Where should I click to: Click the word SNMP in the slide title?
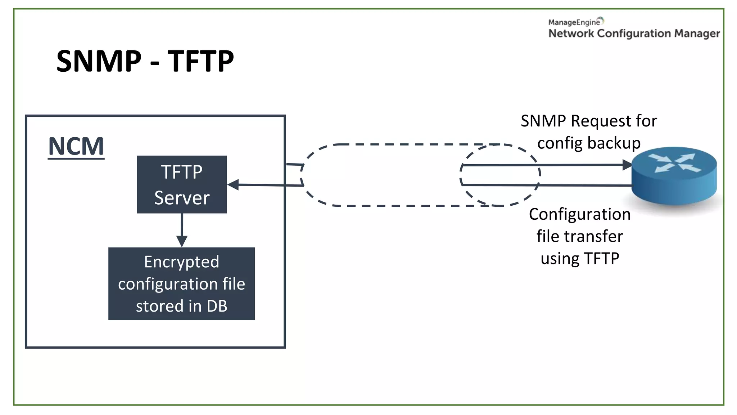click(x=99, y=61)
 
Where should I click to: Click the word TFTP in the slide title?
click(x=201, y=61)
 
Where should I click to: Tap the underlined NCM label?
click(x=76, y=146)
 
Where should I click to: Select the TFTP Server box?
click(x=182, y=184)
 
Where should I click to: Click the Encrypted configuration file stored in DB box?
click(x=181, y=284)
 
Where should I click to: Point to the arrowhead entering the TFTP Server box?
click(x=233, y=185)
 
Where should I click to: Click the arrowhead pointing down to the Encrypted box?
click(x=182, y=241)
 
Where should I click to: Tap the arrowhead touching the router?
click(x=627, y=165)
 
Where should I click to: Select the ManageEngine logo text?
click(x=574, y=22)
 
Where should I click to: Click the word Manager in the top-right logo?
click(x=697, y=34)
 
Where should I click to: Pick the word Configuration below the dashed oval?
click(x=579, y=215)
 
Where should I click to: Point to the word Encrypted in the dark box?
click(x=181, y=262)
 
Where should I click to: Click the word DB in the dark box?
click(x=217, y=306)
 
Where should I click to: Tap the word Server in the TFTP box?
click(x=182, y=198)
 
